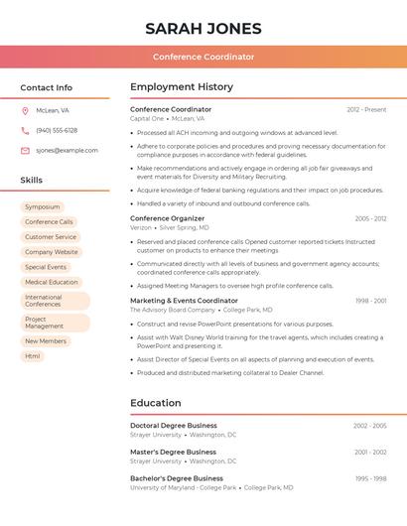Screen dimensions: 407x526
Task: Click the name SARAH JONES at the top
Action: click(203, 28)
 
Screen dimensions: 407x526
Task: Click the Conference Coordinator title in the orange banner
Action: click(203, 57)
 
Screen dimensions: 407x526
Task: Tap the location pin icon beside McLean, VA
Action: click(25, 110)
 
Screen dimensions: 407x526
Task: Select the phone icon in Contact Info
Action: click(25, 130)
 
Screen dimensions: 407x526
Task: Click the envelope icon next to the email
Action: click(25, 150)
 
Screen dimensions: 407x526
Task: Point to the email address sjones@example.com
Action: click(67, 150)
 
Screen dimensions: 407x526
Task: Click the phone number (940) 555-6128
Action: click(57, 130)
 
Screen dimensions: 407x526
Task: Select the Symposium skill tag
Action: click(43, 207)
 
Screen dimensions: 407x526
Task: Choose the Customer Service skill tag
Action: click(51, 237)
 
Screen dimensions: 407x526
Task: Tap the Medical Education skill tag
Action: click(52, 282)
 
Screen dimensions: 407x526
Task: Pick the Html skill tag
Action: click(33, 355)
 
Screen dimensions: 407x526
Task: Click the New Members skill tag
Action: click(46, 340)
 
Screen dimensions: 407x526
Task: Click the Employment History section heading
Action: click(182, 87)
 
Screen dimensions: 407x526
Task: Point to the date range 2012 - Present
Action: click(366, 109)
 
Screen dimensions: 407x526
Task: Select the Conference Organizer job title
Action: click(167, 218)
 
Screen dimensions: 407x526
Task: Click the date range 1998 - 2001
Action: click(371, 301)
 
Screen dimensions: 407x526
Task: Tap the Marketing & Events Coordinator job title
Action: click(184, 301)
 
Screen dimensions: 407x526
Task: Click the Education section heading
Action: click(156, 403)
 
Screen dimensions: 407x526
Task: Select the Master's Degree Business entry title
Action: click(173, 452)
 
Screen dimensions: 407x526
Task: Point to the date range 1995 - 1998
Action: click(371, 478)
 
